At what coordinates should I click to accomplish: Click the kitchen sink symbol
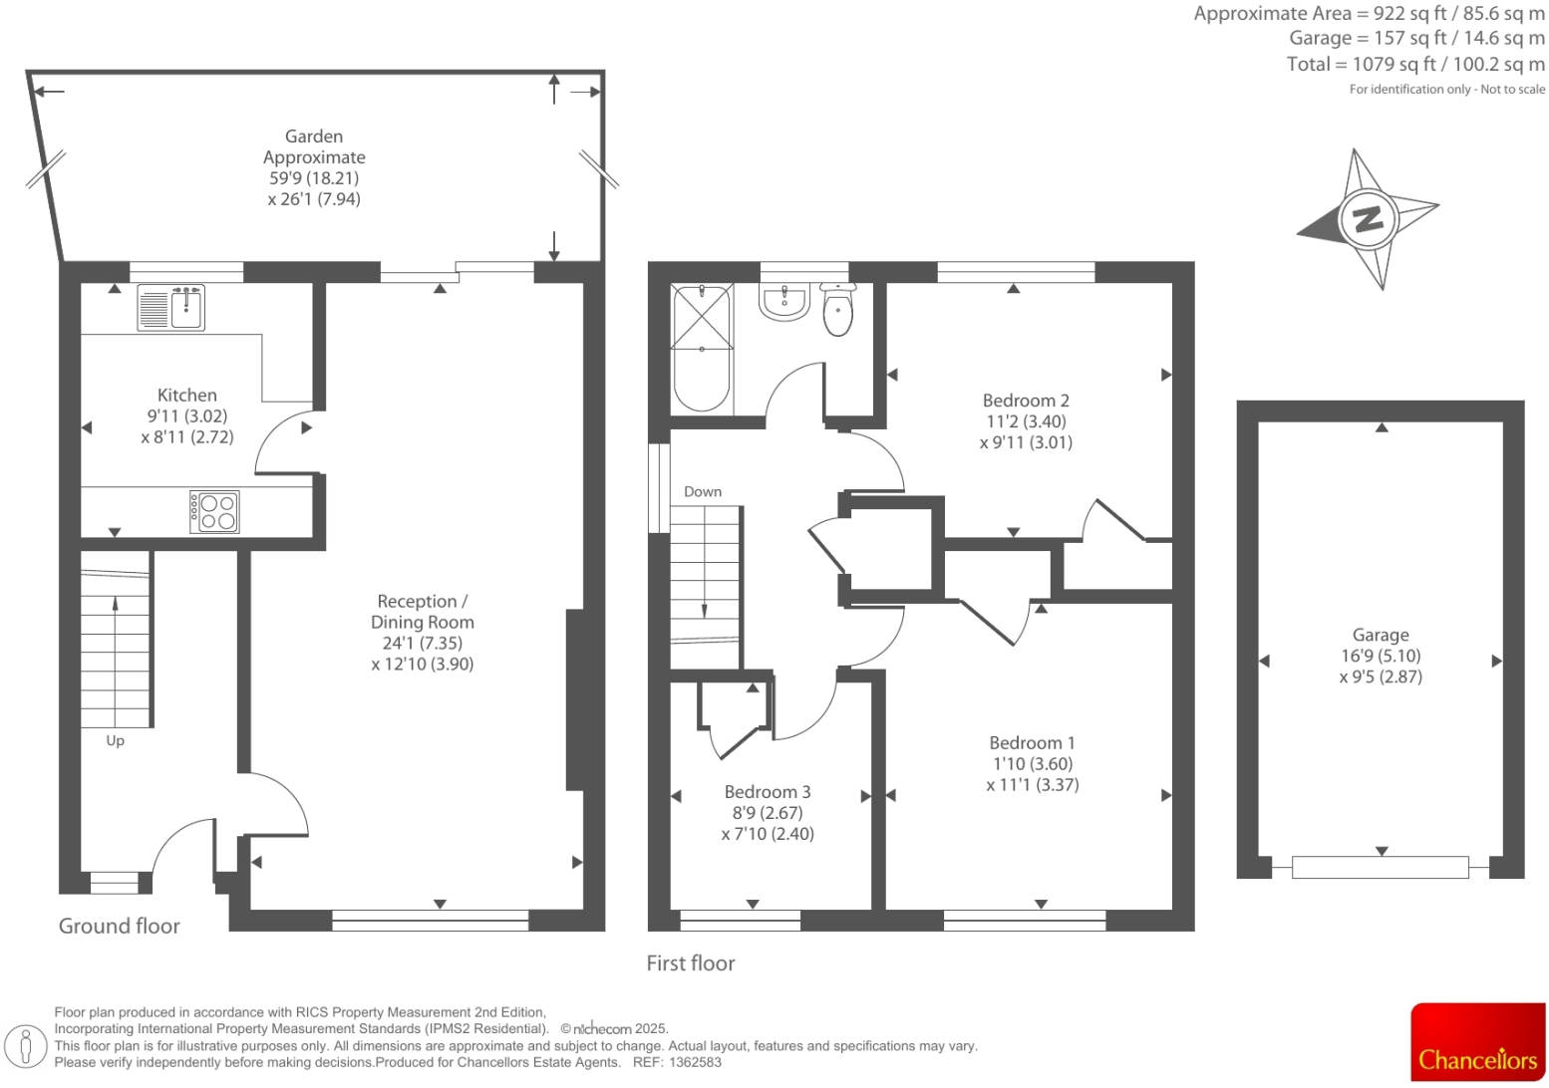click(x=171, y=308)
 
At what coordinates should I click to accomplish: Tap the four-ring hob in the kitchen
click(x=215, y=512)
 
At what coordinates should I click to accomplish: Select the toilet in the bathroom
click(x=838, y=311)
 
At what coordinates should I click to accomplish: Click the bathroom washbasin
click(x=783, y=303)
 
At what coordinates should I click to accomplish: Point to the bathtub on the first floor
click(x=702, y=349)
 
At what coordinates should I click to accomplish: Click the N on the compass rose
click(x=1368, y=218)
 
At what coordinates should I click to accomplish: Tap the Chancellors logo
click(x=1477, y=1042)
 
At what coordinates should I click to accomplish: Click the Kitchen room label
click(x=187, y=396)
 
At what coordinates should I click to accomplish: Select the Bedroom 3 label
click(x=768, y=792)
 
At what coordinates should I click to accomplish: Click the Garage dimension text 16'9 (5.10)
click(x=1381, y=656)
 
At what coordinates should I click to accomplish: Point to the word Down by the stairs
click(x=703, y=492)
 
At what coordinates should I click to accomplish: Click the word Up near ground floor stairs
click(x=116, y=741)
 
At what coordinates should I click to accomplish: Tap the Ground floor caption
click(x=120, y=927)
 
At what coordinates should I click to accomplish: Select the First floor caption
click(x=691, y=963)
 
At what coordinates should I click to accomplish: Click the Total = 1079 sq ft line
click(x=1415, y=65)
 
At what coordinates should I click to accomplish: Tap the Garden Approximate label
click(x=314, y=146)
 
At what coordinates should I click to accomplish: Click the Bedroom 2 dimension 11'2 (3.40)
click(x=1026, y=421)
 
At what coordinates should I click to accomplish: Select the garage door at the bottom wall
click(x=1380, y=868)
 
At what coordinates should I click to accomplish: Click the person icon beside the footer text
click(x=27, y=1046)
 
